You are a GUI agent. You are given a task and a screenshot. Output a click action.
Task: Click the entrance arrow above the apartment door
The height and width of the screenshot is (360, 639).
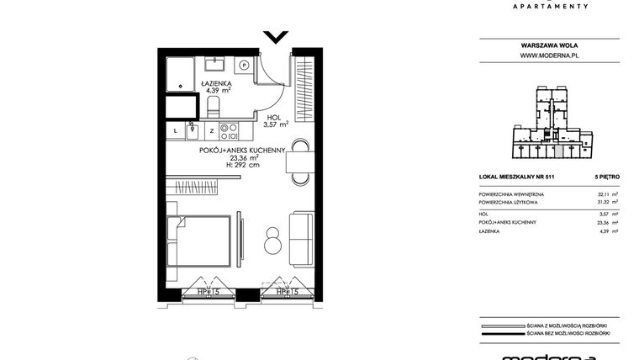tap(275, 37)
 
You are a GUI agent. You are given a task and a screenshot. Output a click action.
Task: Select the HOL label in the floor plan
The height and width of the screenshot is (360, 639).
tap(275, 119)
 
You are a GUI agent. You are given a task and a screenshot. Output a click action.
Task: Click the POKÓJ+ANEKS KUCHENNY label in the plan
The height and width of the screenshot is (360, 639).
tap(243, 150)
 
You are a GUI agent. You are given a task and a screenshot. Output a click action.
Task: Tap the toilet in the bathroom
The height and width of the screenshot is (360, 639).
tap(214, 106)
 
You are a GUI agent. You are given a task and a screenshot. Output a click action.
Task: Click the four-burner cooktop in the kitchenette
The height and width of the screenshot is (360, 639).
tap(229, 130)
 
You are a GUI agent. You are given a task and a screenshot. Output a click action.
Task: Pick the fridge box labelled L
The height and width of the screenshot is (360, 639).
tap(176, 130)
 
